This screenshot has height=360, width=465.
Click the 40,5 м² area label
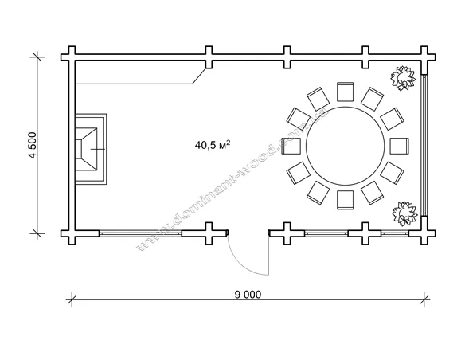(213, 145)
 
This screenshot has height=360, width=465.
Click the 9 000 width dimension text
(248, 295)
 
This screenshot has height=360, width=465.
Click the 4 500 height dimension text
(33, 145)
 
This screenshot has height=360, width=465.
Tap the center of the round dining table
(346, 146)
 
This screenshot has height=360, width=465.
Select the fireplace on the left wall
(91, 149)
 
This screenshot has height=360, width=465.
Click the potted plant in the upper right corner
(403, 78)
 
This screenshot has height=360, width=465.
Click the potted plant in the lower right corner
(404, 213)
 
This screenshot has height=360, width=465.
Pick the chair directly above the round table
(346, 92)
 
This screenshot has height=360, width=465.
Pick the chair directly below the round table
(346, 200)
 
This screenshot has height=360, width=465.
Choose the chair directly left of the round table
(291, 146)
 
